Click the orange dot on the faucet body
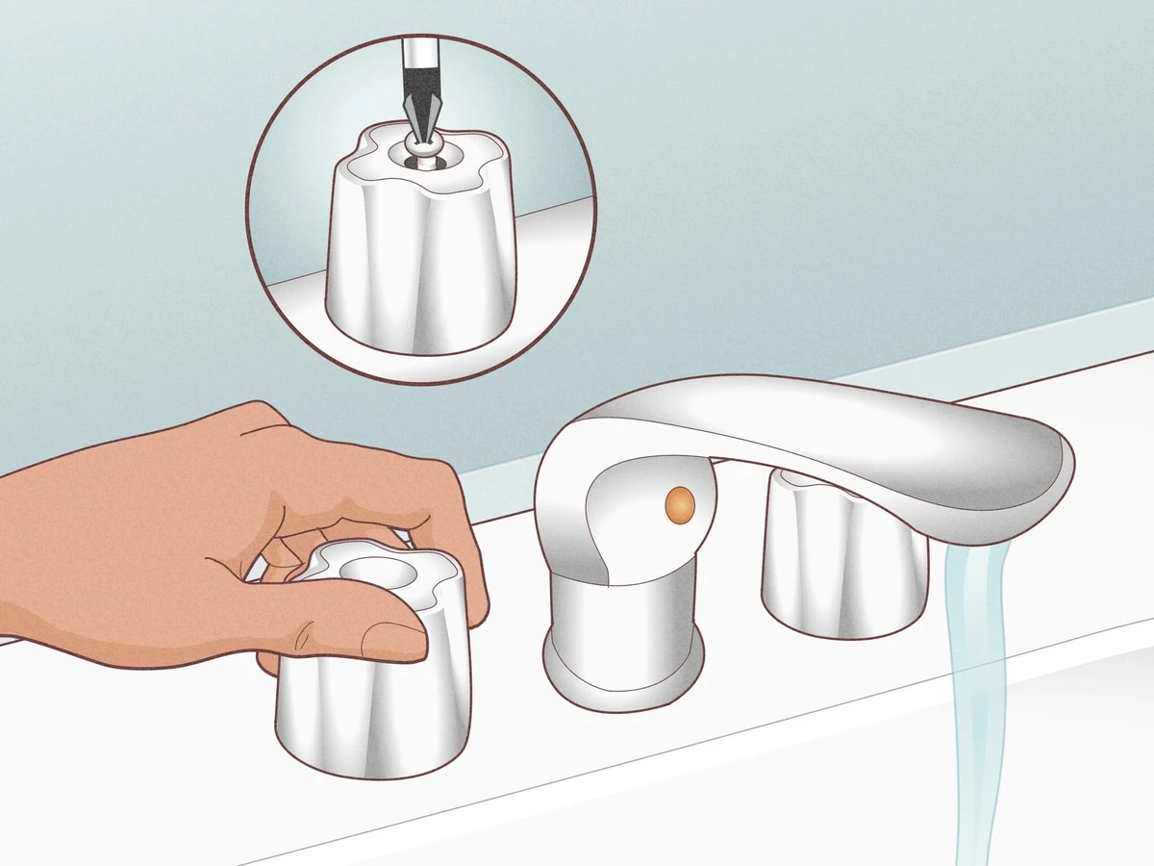click(x=680, y=501)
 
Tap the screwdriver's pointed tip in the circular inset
click(x=416, y=135)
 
